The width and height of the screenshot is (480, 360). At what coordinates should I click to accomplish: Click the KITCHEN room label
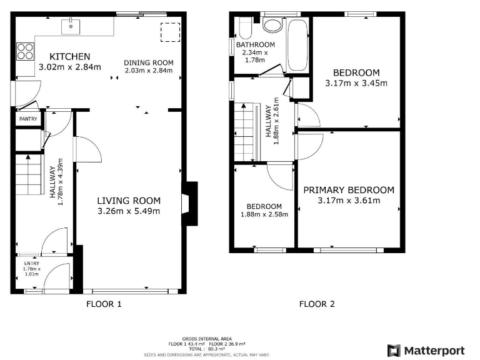click(69, 56)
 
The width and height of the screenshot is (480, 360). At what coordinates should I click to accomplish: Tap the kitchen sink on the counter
click(72, 26)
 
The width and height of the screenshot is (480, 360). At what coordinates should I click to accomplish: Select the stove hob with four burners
click(25, 51)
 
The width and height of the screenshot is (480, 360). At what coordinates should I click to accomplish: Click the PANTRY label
click(28, 119)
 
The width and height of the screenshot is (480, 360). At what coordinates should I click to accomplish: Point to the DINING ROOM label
click(148, 62)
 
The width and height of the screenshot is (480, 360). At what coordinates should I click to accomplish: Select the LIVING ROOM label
click(129, 201)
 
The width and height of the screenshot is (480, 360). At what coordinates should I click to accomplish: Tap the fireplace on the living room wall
click(188, 203)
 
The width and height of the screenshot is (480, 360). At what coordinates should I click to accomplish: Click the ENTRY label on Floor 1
click(31, 264)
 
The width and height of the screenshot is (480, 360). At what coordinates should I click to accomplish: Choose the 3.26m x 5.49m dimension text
click(129, 211)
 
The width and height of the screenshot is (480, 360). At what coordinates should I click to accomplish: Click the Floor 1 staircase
click(29, 174)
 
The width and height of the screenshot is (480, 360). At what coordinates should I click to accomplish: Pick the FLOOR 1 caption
click(103, 304)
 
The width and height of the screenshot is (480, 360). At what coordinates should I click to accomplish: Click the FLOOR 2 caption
click(317, 304)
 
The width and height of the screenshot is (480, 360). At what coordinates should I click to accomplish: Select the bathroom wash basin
click(272, 26)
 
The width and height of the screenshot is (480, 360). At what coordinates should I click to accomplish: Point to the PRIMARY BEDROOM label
click(349, 190)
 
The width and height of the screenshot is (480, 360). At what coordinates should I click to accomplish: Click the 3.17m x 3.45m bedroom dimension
click(356, 82)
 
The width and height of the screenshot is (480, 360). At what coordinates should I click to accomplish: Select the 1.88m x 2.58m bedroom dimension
click(263, 214)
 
